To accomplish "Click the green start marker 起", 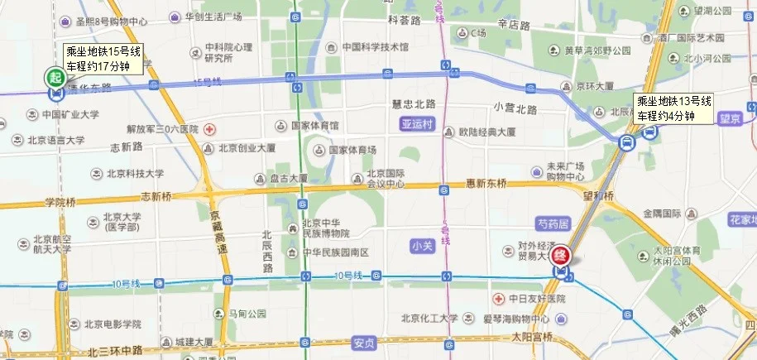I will pyautogui.click(x=55, y=79).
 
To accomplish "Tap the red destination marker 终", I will pyautogui.click(x=562, y=256).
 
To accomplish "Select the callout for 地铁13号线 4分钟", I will pyautogui.click(x=673, y=108).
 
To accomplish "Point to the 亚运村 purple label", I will pyautogui.click(x=416, y=123).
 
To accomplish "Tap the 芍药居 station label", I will pyautogui.click(x=553, y=224).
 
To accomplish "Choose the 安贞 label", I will pyautogui.click(x=363, y=340).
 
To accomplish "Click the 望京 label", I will pyautogui.click(x=729, y=119).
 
